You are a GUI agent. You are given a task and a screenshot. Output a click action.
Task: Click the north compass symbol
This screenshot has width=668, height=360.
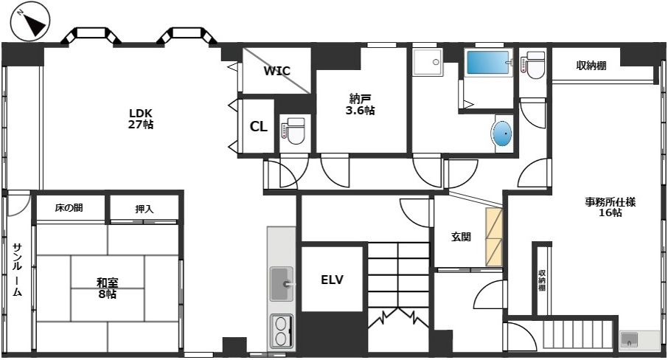click(x=31, y=21)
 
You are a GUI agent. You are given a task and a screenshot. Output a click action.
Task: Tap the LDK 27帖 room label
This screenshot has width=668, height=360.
click(x=141, y=119)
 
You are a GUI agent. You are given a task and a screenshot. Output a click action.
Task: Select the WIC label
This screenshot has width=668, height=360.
click(x=276, y=71)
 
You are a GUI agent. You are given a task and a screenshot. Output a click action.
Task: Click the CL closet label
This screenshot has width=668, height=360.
click(x=258, y=127)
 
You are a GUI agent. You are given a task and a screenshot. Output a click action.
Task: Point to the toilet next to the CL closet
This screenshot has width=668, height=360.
click(x=293, y=131)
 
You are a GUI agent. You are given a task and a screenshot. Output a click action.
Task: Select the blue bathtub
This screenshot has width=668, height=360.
click(x=488, y=63)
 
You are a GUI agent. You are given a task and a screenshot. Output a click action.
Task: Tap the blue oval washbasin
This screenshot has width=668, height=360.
click(x=503, y=134)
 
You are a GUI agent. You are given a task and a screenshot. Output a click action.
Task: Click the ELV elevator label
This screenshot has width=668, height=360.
click(x=332, y=280)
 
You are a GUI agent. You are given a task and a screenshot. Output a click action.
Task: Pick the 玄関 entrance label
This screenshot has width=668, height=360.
click(x=461, y=237)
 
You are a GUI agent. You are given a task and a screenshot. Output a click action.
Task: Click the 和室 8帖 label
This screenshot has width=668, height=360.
click(x=108, y=288)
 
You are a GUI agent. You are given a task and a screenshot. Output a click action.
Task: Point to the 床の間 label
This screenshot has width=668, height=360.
click(x=69, y=208)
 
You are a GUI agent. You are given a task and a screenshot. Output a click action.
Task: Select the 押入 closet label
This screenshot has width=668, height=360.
click(x=144, y=210)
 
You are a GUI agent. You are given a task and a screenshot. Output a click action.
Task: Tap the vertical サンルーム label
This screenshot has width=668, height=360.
click(x=17, y=269)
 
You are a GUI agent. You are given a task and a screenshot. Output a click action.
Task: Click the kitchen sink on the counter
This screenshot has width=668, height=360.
click(x=282, y=283)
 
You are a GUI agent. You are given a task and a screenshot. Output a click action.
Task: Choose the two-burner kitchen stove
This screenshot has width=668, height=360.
click(x=281, y=331)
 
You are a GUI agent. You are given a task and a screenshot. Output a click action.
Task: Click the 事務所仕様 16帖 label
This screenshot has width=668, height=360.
click(x=610, y=207)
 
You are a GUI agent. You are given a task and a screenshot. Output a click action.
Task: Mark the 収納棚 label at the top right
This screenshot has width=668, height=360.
click(x=591, y=66)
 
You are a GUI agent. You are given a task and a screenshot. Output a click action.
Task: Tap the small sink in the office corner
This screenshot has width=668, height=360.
click(x=629, y=340)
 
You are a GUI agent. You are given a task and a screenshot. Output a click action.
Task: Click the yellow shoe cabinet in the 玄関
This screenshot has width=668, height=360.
click(x=494, y=237)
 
